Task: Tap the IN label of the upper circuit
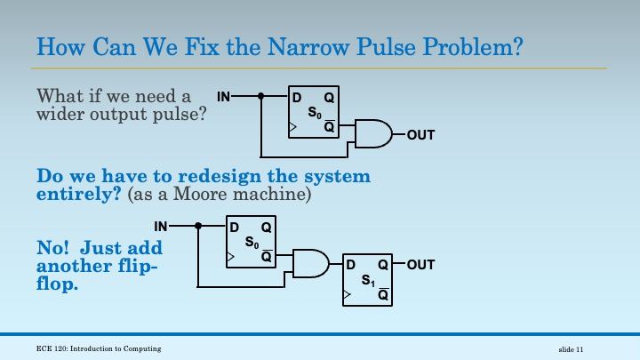[x=223, y=96]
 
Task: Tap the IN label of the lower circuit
[x=161, y=225]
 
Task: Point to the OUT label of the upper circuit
[x=420, y=135]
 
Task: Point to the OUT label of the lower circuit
[x=421, y=265]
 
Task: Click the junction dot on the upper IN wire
[x=261, y=96]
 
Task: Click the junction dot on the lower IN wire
[x=199, y=225]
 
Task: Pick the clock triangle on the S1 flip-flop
[x=347, y=292]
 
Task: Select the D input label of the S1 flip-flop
[x=350, y=265]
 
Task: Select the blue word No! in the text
[x=52, y=247]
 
